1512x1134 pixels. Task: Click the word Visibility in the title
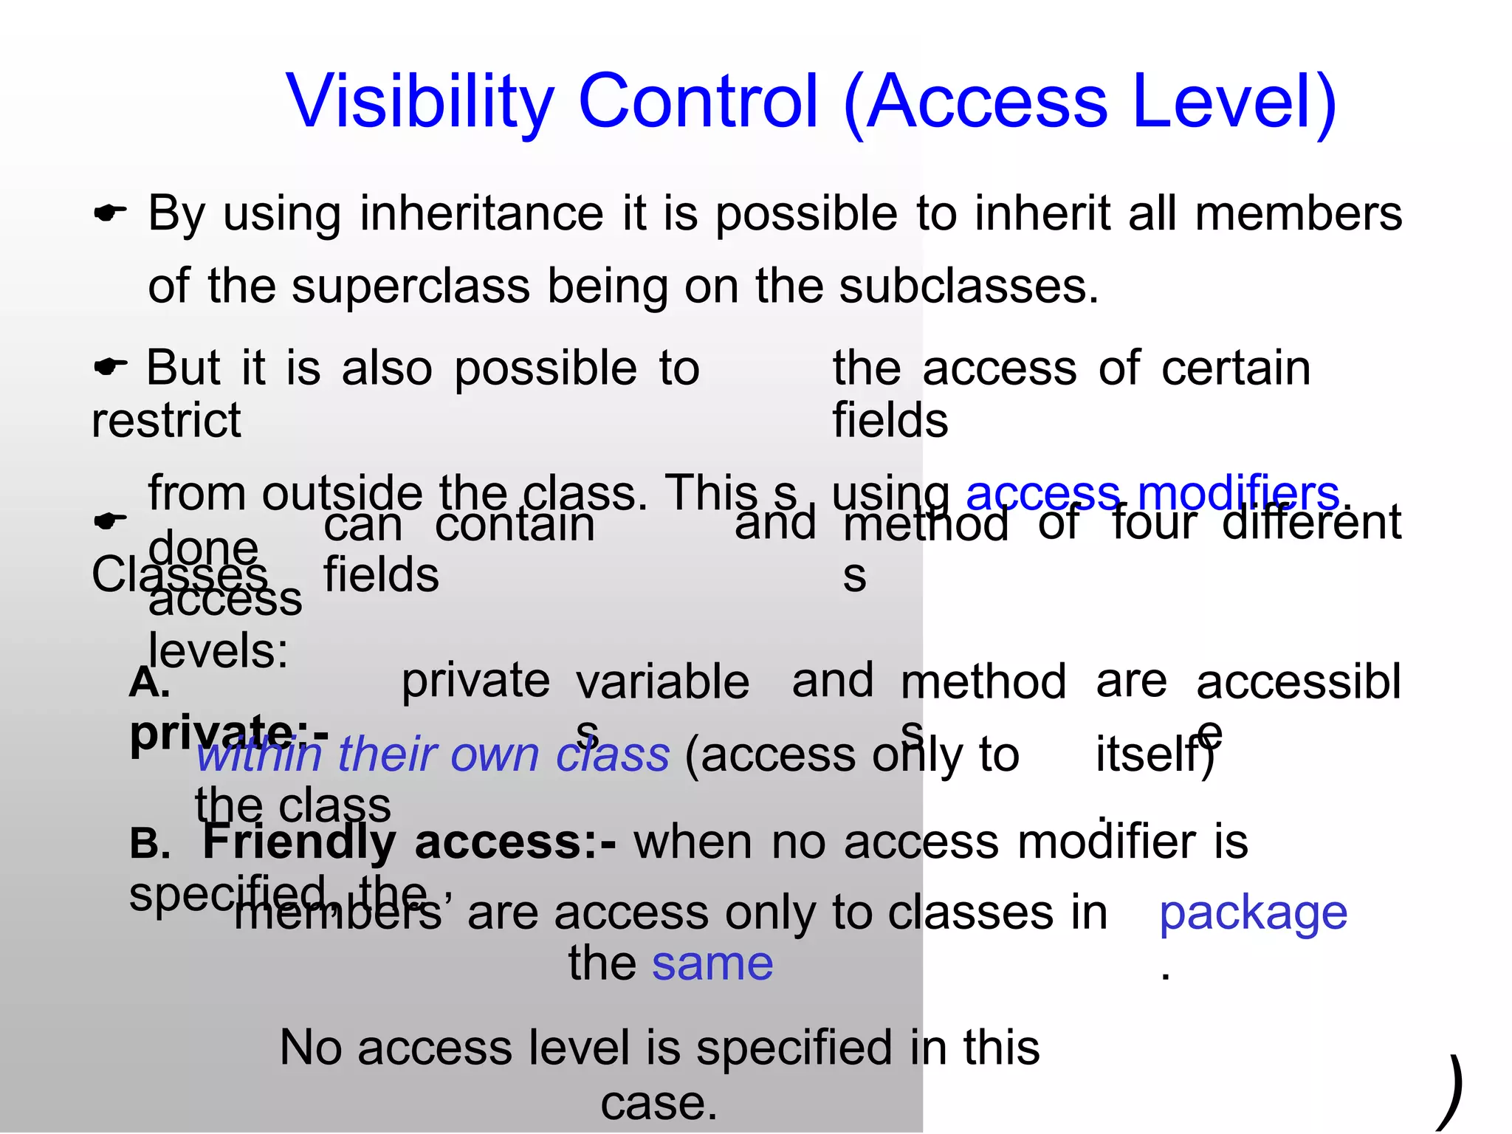click(x=419, y=102)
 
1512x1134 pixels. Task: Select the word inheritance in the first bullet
click(x=481, y=214)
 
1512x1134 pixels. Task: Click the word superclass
click(x=410, y=286)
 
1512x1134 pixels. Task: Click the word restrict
click(x=166, y=421)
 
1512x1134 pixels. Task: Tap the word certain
click(x=1236, y=368)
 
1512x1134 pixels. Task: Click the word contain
click(x=515, y=526)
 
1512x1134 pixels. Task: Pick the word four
click(x=1154, y=523)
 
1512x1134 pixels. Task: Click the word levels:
click(x=218, y=651)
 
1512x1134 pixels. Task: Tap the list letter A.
click(x=149, y=684)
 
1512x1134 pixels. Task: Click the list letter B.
click(x=150, y=843)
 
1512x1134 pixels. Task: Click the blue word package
click(x=1253, y=914)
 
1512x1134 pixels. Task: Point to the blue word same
click(x=712, y=964)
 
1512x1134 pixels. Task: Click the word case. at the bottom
click(x=659, y=1104)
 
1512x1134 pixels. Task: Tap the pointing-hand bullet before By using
click(x=110, y=214)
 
